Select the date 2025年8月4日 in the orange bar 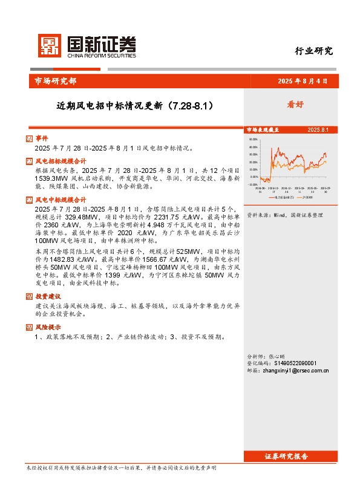pos(302,81)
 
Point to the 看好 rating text pos(295,105)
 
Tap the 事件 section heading pos(41,138)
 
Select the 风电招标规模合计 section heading pos(61,161)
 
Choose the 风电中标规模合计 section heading pos(61,199)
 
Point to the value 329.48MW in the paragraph pos(74,216)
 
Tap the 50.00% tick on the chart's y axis pos(254,139)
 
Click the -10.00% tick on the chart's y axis pos(253,184)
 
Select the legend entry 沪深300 pos(307,197)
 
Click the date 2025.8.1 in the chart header pos(317,130)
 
